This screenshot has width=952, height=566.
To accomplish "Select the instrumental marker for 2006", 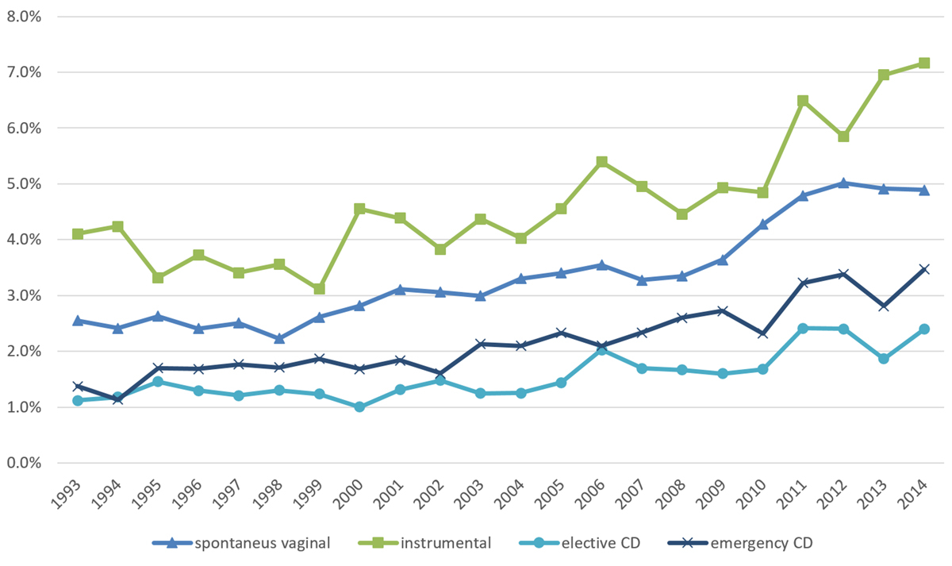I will [x=601, y=162].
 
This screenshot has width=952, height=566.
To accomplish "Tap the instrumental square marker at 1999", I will [x=320, y=289].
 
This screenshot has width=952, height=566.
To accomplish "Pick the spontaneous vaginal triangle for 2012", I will [x=842, y=183].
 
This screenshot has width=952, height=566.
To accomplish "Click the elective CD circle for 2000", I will [x=359, y=406].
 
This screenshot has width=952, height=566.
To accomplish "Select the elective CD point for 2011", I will [x=802, y=328].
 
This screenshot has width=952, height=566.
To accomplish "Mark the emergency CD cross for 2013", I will [x=882, y=306].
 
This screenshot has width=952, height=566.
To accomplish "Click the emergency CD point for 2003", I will [x=481, y=344].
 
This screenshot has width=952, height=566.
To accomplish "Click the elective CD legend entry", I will [x=598, y=544].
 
